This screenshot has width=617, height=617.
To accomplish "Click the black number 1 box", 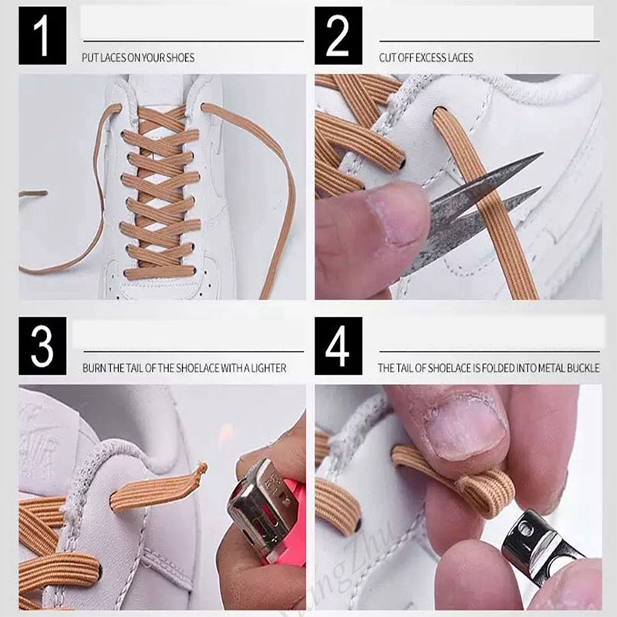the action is (x=42, y=35).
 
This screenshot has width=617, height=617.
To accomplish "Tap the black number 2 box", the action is (x=339, y=35).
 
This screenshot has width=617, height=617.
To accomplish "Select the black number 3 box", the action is (x=42, y=346).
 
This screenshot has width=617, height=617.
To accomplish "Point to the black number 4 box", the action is (x=339, y=346).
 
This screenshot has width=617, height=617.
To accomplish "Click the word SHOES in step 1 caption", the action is (x=180, y=58).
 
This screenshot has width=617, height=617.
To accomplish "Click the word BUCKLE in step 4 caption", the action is (x=583, y=369).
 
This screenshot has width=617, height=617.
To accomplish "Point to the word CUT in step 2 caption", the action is (x=387, y=58).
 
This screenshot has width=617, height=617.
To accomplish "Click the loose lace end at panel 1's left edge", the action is (x=33, y=194).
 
